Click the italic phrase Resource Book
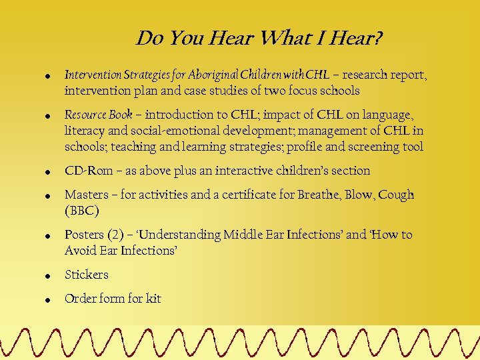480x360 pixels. click(98, 115)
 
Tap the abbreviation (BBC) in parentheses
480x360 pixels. click(82, 211)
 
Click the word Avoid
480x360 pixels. click(81, 251)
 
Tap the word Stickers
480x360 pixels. click(87, 275)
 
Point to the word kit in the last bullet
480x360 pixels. click(153, 299)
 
